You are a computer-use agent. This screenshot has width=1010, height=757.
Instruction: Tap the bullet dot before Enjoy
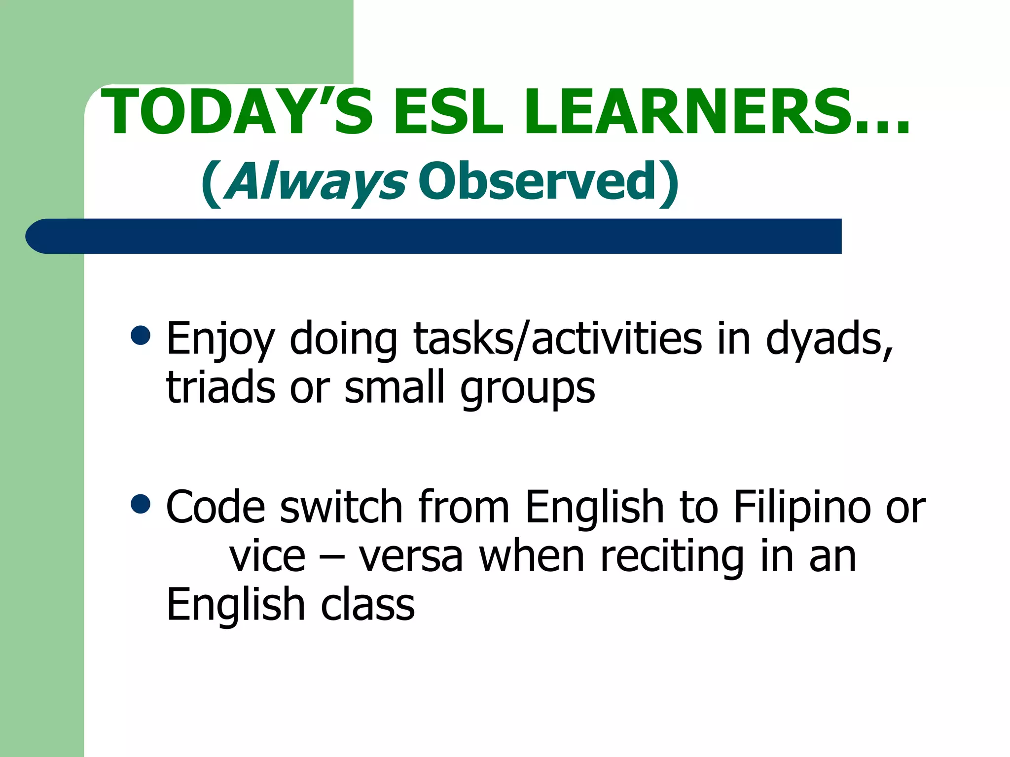point(141,336)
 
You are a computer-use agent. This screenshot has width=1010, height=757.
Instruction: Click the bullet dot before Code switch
point(141,504)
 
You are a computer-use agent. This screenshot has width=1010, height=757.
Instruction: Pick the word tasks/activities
point(558,339)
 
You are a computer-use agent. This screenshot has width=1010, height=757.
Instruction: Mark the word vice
point(267,557)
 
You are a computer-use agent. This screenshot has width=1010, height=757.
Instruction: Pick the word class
point(368,605)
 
